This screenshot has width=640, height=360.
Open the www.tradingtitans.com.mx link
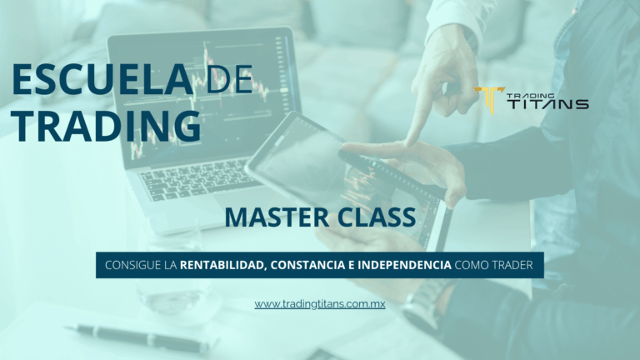[x=320, y=304]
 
